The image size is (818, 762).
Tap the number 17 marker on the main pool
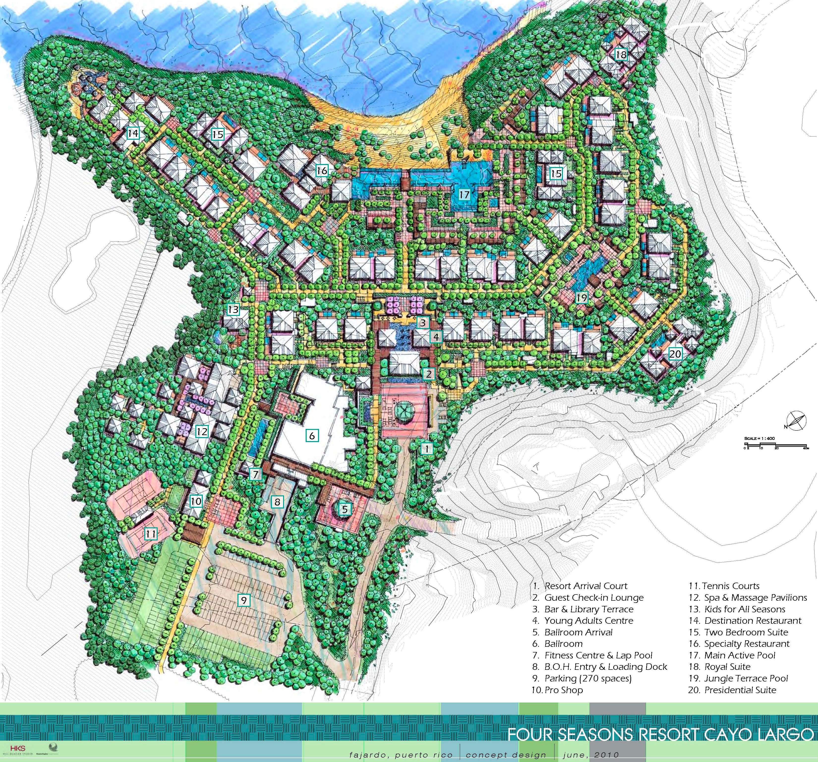tap(464, 194)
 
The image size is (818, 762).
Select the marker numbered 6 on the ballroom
tap(312, 436)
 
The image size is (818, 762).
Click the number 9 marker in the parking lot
tap(244, 600)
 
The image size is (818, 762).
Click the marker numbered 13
tap(233, 310)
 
